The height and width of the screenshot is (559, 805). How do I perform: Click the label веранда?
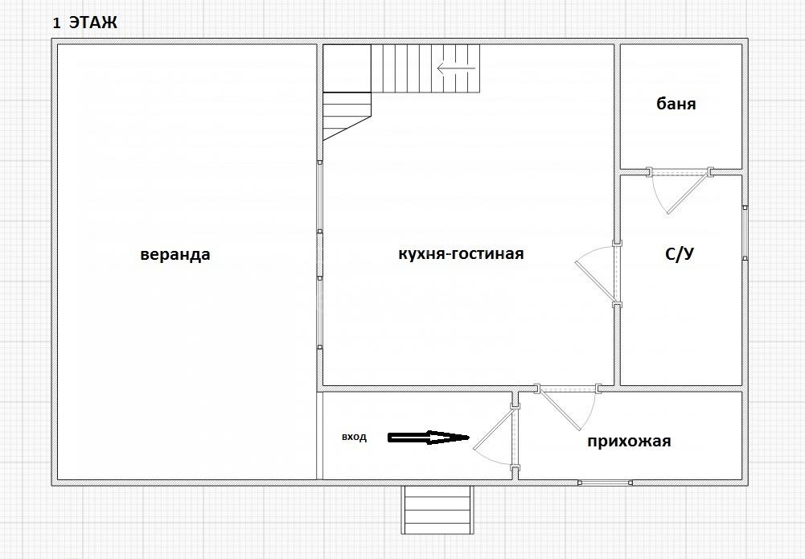coord(175,255)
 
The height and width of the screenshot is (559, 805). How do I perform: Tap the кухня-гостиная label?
coord(461,253)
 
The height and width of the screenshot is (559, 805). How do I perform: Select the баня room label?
coord(676,104)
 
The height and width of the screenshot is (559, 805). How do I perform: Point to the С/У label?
coord(680,253)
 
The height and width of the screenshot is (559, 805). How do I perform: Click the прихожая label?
coord(629,442)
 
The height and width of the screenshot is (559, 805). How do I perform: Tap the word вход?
coord(354,438)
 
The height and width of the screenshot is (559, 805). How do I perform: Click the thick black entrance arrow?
coord(428,438)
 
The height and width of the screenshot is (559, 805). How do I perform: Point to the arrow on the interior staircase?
coord(457,68)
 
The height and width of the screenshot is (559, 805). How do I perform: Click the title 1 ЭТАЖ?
coord(85,23)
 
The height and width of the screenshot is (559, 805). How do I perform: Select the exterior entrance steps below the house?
coord(437,510)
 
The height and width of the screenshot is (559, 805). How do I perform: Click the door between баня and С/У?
coord(679,190)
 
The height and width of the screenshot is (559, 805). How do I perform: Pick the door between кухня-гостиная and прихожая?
coord(567,406)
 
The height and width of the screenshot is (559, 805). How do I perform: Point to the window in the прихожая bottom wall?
coord(605,483)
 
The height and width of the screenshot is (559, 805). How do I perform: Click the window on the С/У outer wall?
coord(745,233)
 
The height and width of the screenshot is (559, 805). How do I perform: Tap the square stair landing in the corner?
coord(347,68)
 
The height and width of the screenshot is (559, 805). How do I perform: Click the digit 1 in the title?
coord(56,23)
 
